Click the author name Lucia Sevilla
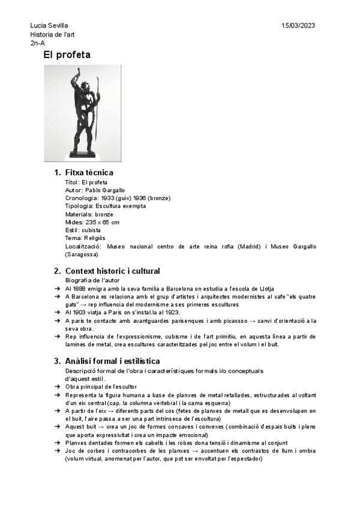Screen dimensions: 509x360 [49, 25]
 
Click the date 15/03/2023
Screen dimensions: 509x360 [298, 25]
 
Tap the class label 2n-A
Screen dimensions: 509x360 [37, 43]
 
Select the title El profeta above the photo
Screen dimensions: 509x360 [67, 55]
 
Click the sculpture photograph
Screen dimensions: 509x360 [82, 113]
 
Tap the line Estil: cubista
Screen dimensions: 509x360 [83, 230]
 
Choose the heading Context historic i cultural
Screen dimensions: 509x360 [112, 271]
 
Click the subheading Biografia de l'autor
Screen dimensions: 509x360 [92, 280]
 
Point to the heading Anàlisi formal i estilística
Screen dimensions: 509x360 [112, 361]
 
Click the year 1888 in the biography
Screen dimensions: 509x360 [80, 289]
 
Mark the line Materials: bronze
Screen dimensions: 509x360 [89, 214]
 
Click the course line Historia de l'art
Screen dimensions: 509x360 [52, 34]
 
